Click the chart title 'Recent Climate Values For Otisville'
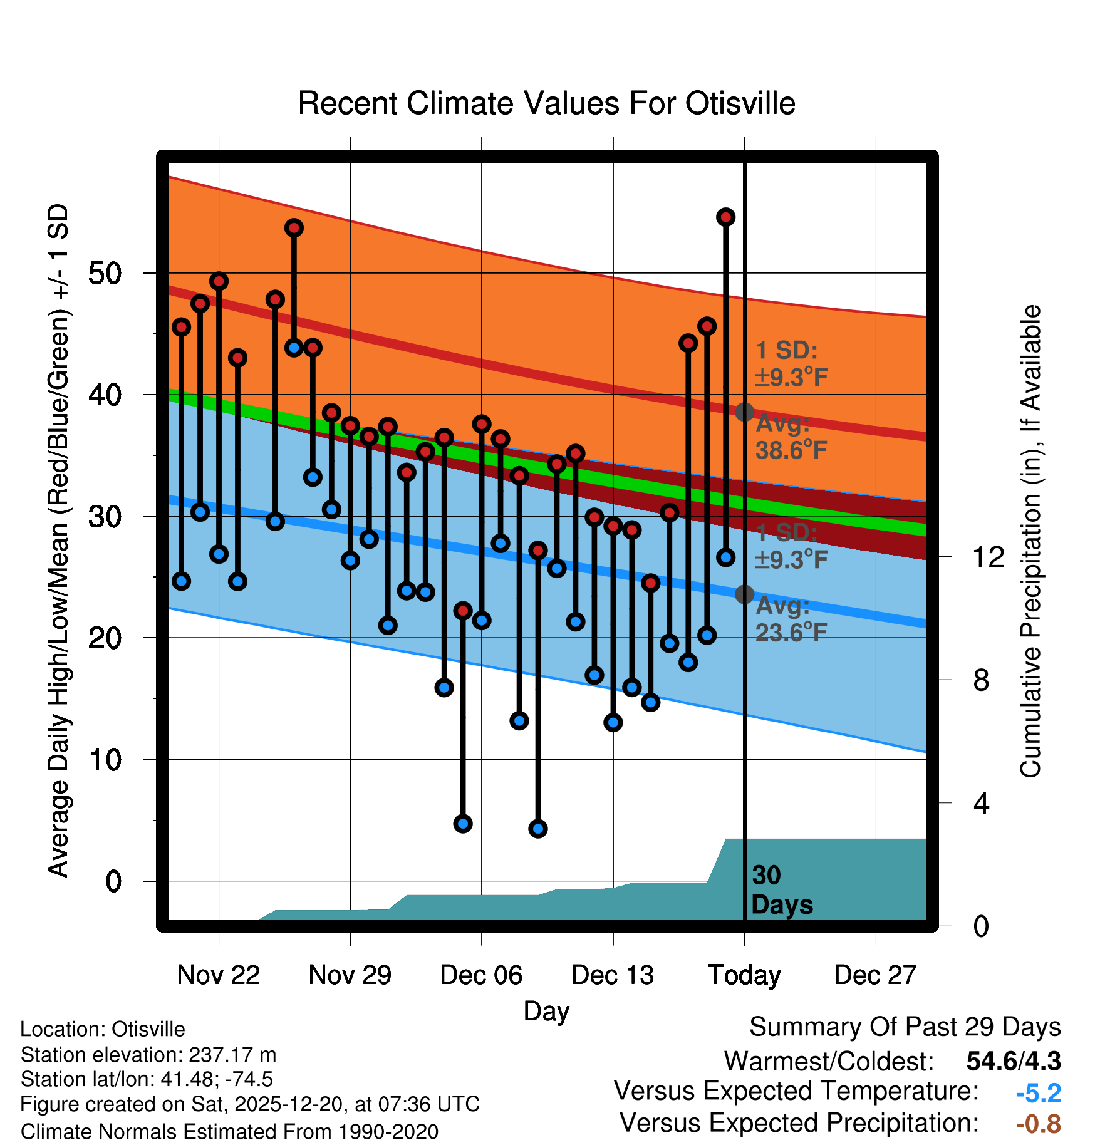pos(546,103)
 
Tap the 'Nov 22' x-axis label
pos(218,975)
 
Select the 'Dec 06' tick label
pos(481,975)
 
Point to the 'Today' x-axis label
pos(744,975)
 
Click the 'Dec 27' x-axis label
pos(875,975)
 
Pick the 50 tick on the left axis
pos(105,274)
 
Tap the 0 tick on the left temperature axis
pos(113,881)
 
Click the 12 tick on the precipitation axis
pos(988,557)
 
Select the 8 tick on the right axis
pos(981,680)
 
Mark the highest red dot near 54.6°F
pos(725,217)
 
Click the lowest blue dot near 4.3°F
pos(537,829)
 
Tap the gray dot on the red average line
pos(744,412)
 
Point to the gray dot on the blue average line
pos(744,594)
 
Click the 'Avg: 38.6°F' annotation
pos(791,437)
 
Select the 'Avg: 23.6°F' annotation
pos(791,619)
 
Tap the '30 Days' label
pos(781,890)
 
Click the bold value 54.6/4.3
pos(1013,1061)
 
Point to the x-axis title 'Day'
pos(546,1011)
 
